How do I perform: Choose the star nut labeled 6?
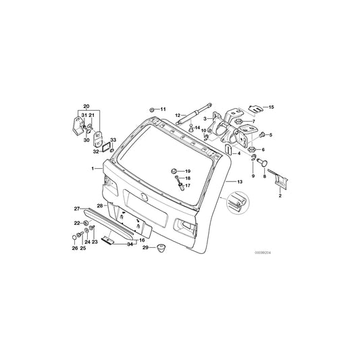pos(249,149)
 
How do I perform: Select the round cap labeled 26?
pos(74,238)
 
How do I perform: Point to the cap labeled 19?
pos(174,171)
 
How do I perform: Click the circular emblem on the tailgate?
pos(144,196)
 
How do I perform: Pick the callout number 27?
pos(77,209)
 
